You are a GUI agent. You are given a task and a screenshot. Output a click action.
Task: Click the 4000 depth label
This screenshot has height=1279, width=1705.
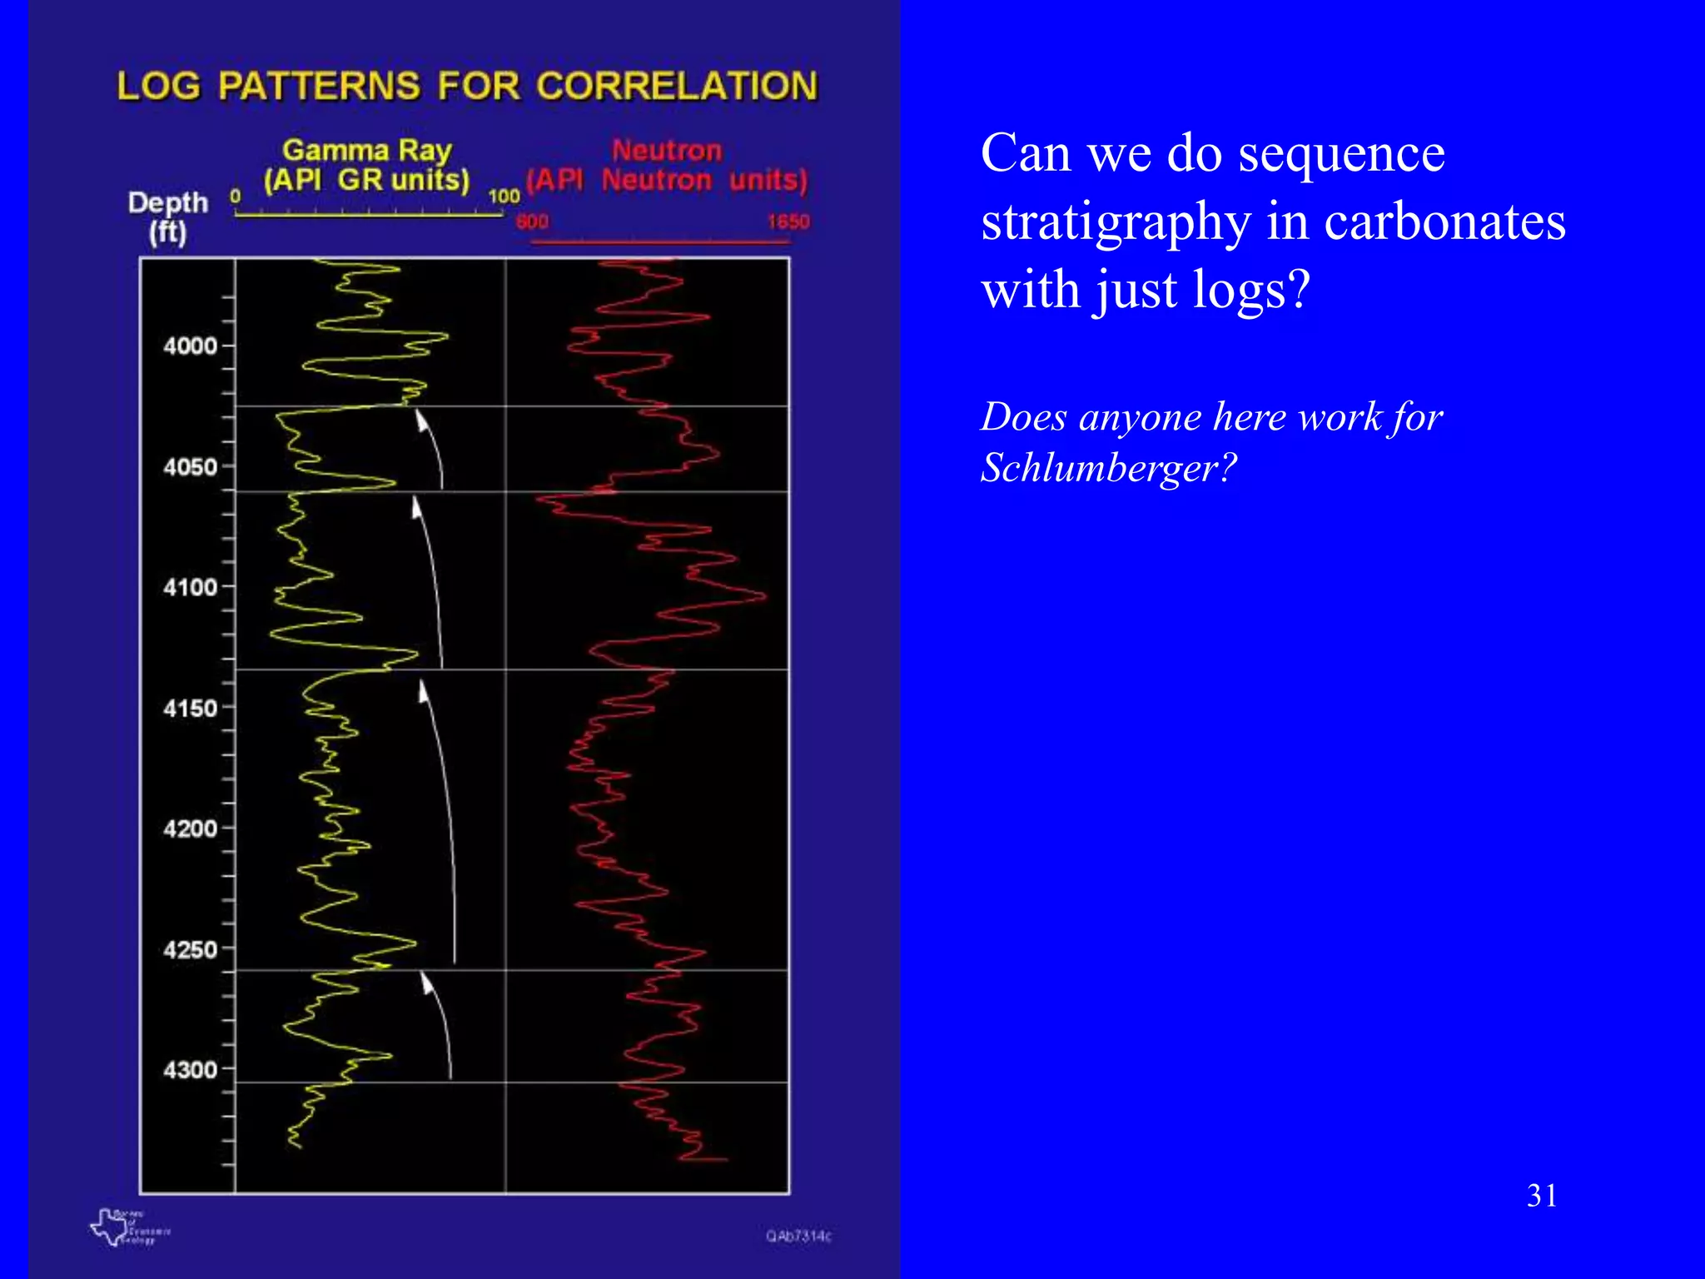[190, 346]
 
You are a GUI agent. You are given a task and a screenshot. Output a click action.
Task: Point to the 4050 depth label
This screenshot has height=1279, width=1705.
[190, 467]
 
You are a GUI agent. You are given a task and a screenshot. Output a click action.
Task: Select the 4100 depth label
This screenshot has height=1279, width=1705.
[190, 588]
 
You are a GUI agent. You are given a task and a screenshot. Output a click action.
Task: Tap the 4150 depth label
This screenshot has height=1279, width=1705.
[190, 709]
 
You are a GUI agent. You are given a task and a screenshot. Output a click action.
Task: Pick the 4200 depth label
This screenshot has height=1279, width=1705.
[190, 829]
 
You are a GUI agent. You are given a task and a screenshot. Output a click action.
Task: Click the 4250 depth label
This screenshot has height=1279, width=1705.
[190, 950]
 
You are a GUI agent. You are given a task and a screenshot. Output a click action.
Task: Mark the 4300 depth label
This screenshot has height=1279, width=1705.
[190, 1070]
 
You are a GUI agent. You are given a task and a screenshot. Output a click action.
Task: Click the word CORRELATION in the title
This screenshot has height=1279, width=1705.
[677, 87]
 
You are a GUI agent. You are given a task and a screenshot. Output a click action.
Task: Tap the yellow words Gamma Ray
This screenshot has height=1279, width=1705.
[367, 151]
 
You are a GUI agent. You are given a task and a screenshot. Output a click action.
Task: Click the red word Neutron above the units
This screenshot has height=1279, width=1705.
[667, 151]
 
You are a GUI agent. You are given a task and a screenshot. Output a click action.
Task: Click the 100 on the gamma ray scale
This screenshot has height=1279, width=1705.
[504, 197]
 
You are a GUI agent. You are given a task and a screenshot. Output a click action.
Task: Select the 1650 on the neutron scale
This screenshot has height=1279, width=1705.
[788, 221]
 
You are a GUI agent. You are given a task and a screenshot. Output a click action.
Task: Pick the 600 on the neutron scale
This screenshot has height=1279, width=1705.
[532, 221]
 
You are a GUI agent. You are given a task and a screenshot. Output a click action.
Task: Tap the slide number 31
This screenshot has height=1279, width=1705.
[1542, 1196]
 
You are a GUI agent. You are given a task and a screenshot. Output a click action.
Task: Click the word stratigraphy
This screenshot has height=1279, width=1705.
[1116, 222]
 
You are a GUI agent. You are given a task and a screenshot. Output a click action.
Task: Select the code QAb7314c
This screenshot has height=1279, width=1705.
[798, 1237]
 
